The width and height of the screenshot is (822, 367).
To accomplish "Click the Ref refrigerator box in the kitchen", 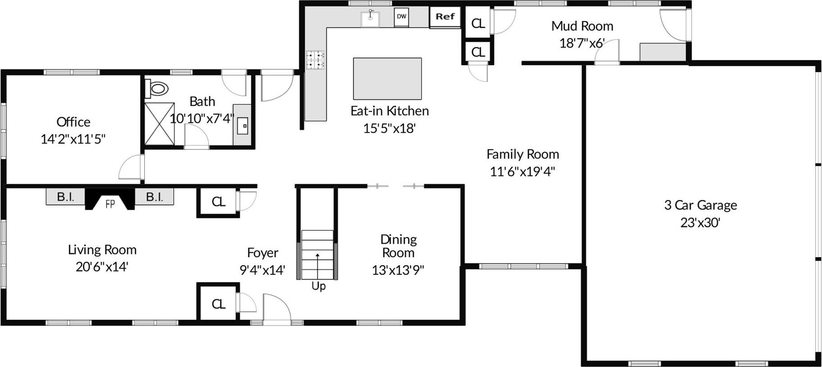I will (x=445, y=17).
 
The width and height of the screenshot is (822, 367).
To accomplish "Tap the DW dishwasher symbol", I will (x=401, y=17).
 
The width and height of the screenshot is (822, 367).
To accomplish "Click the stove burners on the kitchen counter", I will (x=315, y=60).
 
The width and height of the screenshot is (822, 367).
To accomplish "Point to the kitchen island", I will (x=387, y=79).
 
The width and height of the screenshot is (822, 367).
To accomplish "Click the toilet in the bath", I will (x=157, y=88).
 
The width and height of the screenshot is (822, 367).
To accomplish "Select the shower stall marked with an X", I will (x=159, y=124).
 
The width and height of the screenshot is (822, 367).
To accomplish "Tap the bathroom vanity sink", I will (x=242, y=126).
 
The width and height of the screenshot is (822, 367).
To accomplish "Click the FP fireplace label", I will (x=110, y=204).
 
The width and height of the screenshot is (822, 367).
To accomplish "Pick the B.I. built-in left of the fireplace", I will (x=66, y=197).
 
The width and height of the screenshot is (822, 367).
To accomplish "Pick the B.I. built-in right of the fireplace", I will (x=154, y=197).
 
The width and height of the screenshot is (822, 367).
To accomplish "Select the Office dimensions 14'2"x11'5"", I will (x=73, y=139).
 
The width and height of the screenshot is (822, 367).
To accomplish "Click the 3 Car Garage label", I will (x=700, y=205).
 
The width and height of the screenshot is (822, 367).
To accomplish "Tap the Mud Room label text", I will (x=582, y=26).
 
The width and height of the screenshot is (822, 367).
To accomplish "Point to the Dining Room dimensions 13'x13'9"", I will (x=398, y=270).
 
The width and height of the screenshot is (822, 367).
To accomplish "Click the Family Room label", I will (x=523, y=154).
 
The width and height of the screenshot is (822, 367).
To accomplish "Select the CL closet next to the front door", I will (x=219, y=304).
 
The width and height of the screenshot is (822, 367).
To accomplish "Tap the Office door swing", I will (x=131, y=167).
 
